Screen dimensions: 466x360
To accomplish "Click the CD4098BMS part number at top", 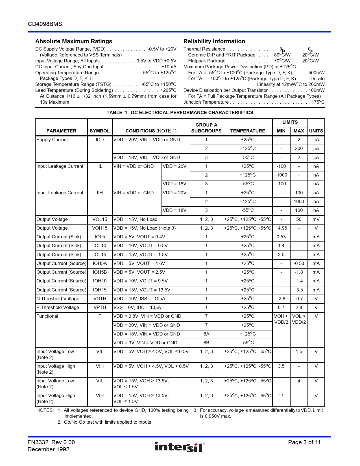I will [x=45, y=24].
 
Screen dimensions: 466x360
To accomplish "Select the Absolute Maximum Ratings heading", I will [x=74, y=41].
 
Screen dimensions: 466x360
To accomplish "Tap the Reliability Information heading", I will [x=214, y=41].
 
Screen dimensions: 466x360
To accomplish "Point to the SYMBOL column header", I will [x=100, y=131].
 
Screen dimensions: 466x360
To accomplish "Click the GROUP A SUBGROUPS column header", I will [x=206, y=128].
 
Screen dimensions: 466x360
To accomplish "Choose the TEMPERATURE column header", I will [x=248, y=131].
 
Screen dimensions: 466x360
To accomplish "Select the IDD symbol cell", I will [x=100, y=140].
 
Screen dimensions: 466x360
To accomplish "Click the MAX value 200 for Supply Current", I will [x=299, y=148].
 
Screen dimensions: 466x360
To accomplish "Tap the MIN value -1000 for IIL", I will [x=281, y=175].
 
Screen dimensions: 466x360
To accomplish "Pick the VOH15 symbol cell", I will [x=100, y=228].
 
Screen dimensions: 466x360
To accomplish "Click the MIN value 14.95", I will [x=281, y=228].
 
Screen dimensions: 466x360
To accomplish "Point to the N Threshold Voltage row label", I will [x=58, y=299].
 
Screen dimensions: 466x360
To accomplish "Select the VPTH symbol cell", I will [x=100, y=307].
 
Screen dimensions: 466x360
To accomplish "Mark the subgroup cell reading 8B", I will [x=206, y=343].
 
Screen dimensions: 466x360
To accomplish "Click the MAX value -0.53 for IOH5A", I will [x=299, y=263].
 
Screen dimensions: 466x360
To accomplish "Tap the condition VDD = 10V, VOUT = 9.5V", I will [x=141, y=281].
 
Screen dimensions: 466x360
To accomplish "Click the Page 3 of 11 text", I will [x=304, y=442].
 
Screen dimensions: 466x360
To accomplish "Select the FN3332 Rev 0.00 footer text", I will [x=51, y=442].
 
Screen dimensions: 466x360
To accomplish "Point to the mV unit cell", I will [x=316, y=219].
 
